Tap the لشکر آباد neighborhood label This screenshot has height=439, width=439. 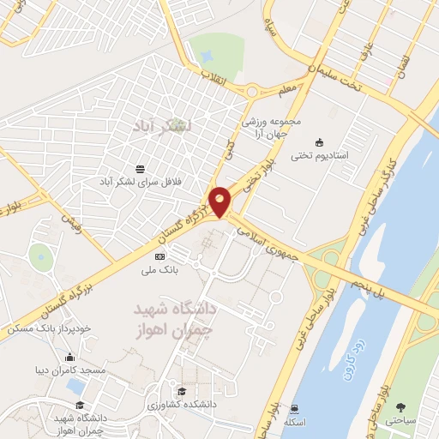[x=163, y=126]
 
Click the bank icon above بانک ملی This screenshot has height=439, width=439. [x=159, y=256]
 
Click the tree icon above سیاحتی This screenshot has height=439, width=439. [x=403, y=406]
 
